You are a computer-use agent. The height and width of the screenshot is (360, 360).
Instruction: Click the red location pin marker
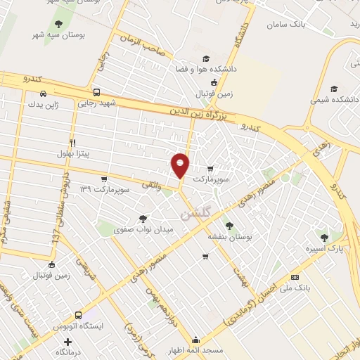point(181,165)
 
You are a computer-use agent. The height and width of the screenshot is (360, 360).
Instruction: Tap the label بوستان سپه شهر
point(58,34)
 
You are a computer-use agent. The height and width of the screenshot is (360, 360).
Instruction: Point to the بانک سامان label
point(288,25)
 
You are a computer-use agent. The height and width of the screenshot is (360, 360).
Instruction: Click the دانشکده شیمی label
point(335,100)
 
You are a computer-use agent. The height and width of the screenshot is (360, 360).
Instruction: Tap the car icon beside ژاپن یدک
point(44,94)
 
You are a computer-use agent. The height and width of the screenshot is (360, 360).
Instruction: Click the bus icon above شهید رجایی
point(96,91)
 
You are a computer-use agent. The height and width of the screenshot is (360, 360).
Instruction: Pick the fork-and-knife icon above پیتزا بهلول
point(72,141)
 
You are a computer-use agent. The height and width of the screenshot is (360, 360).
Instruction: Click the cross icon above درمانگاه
point(67,341)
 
